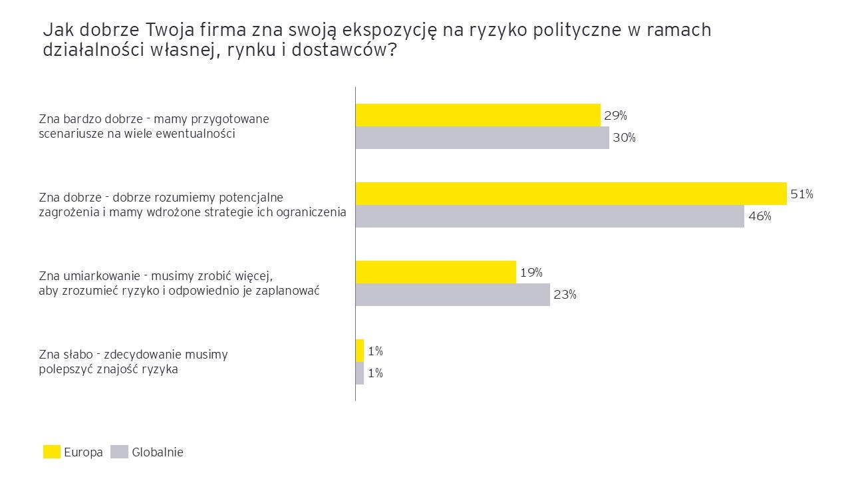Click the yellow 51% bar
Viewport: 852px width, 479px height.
coord(571,194)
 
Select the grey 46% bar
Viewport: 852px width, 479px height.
coord(549,216)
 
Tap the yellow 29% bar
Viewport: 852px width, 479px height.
coord(478,115)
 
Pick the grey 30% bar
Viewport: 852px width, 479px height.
coord(482,138)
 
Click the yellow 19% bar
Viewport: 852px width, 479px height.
coord(436,272)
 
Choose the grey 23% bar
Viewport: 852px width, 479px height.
coord(452,295)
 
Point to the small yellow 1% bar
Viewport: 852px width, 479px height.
coord(360,351)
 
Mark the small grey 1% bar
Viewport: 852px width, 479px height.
coord(360,373)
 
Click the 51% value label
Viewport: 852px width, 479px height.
coord(801,194)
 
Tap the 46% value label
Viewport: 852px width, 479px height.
coord(759,216)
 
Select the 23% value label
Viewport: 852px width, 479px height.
coord(565,295)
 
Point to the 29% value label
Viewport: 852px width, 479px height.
coord(615,115)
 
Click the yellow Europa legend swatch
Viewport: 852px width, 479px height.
coord(52,452)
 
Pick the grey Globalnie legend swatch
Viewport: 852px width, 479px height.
coord(119,452)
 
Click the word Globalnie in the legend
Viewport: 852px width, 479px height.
coord(158,452)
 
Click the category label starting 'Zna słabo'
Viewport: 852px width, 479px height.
coord(133,362)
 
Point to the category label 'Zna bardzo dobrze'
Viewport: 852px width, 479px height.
coord(154,126)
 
